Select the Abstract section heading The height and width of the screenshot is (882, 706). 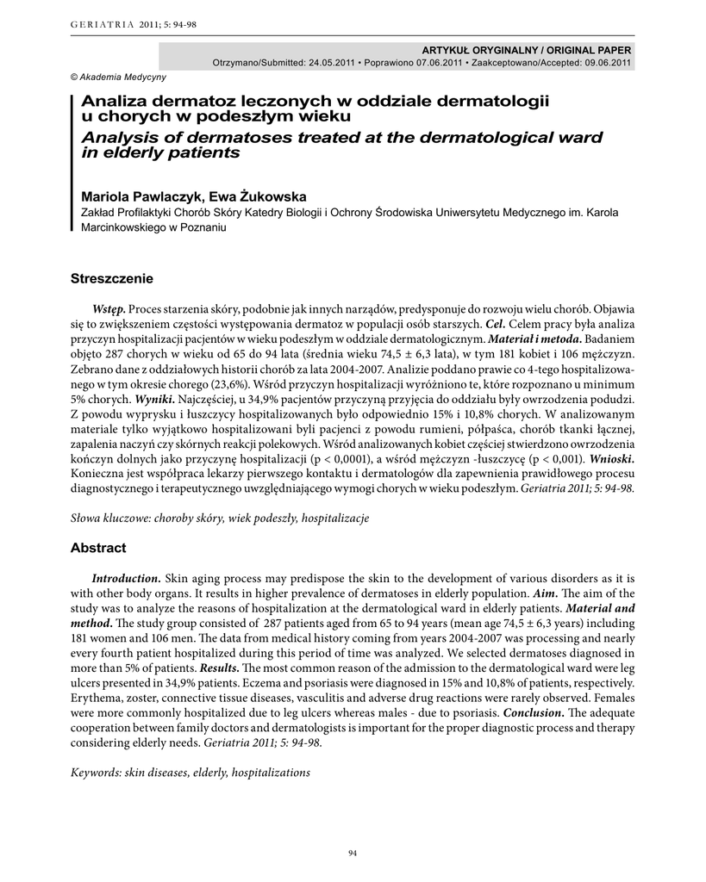[x=98, y=548]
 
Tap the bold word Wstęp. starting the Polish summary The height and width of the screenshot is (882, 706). [x=109, y=309]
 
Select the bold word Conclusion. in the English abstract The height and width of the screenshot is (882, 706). [x=534, y=712]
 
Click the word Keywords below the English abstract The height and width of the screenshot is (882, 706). [x=96, y=773]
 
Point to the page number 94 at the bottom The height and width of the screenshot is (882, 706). [x=352, y=853]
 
